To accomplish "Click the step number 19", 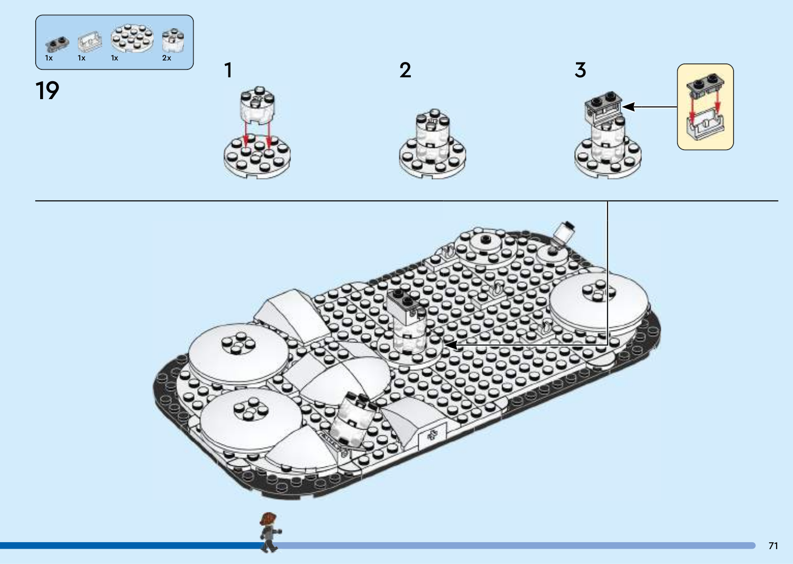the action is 48,91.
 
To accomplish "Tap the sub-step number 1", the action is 228,70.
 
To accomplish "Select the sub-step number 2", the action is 405,70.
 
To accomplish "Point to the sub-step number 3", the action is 580,70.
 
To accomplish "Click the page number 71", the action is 773,546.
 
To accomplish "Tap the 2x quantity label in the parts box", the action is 167,58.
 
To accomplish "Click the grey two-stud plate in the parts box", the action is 57,44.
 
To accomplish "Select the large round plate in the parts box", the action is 132,38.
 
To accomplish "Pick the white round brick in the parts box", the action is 173,40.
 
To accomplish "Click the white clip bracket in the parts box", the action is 90,41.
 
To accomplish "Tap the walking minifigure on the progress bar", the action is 270,532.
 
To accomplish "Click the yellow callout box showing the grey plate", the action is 705,107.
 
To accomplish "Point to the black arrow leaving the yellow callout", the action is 650,107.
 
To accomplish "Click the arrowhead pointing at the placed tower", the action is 451,344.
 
